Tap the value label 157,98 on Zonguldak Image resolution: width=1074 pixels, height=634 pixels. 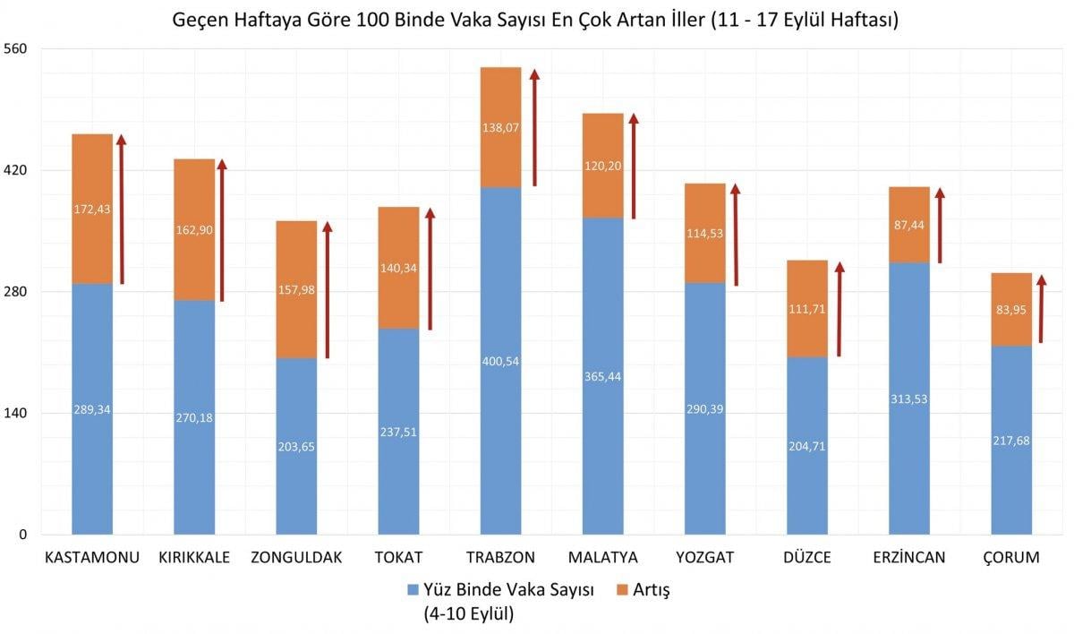(x=296, y=289)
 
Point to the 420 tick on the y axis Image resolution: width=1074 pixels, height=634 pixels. (x=16, y=170)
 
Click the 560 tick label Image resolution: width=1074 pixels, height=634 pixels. (x=16, y=48)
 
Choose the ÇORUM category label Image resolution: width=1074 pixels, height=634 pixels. (x=1011, y=557)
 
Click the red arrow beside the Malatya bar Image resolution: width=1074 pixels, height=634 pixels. (x=633, y=167)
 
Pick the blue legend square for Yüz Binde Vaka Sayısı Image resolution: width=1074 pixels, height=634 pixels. (x=413, y=590)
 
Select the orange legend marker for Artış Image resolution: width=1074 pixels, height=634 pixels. (x=624, y=590)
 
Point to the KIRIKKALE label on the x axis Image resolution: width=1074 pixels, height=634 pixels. (x=194, y=557)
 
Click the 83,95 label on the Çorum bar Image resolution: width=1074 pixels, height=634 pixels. (x=1011, y=310)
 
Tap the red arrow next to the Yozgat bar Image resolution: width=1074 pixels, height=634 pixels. (x=735, y=235)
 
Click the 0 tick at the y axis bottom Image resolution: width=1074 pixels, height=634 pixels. (x=22, y=535)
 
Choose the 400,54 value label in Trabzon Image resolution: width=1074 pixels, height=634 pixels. (x=500, y=361)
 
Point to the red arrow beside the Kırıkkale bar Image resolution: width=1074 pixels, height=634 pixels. (x=222, y=230)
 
